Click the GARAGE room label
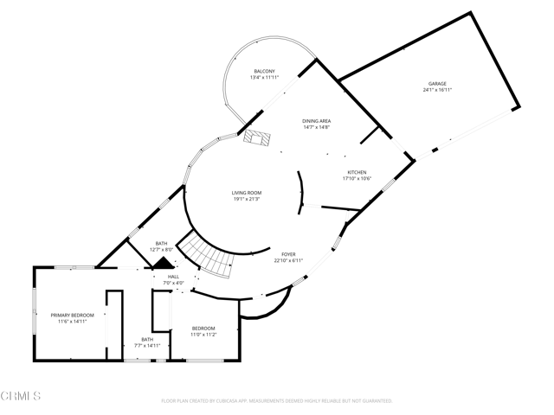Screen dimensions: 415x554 [435, 84]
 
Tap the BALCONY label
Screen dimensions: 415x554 [264, 71]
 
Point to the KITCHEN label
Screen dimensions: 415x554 [358, 172]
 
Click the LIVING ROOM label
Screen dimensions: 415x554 [246, 193]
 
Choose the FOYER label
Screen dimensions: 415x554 [288, 254]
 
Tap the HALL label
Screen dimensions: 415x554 [174, 277]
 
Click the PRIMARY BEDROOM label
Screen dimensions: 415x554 [72, 315]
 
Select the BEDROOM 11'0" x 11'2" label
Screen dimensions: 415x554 [203, 329]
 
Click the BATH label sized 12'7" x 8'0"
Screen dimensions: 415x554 [162, 243]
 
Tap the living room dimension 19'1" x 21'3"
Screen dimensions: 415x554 [246, 200]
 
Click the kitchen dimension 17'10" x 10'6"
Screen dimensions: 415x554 [358, 179]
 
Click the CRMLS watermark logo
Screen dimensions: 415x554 [21, 396]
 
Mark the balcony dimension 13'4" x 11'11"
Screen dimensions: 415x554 [264, 78]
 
